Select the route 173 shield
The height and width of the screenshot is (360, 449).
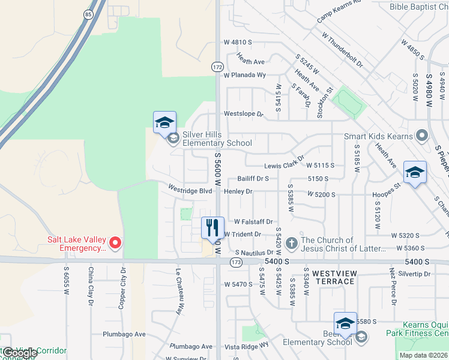click(x=235, y=262)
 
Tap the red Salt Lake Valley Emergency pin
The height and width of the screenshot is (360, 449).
click(x=115, y=243)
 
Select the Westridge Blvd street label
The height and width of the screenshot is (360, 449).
click(x=190, y=191)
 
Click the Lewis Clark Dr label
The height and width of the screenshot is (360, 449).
click(x=285, y=166)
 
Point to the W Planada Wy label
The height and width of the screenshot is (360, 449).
click(x=244, y=75)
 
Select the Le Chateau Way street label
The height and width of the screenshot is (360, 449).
click(x=179, y=292)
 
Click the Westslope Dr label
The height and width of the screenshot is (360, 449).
click(x=243, y=113)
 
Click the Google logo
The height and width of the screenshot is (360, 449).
click(x=20, y=353)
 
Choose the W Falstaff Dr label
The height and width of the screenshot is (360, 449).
click(x=253, y=221)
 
